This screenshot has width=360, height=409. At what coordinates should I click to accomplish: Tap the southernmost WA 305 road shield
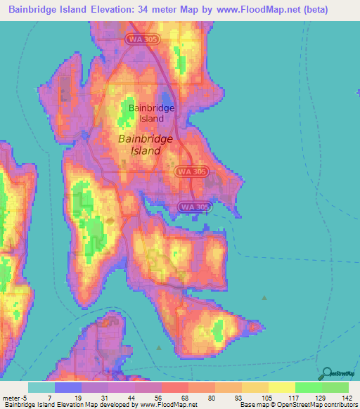pyautogui.click(x=195, y=207)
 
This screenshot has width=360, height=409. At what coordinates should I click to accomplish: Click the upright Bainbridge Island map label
pyautogui.click(x=150, y=113)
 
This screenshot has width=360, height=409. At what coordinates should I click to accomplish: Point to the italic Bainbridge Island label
pyautogui.click(x=145, y=144)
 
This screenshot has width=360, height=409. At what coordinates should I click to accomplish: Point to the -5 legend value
pyautogui.click(x=24, y=397)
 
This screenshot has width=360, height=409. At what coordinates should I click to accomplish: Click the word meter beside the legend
pyautogui.click(x=11, y=397)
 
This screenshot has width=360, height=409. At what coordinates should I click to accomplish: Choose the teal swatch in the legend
pyautogui.click(x=41, y=387)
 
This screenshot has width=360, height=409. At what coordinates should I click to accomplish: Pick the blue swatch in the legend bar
pyautogui.click(x=69, y=387)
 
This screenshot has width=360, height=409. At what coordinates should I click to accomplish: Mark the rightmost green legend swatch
pyautogui.click(x=335, y=387)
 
